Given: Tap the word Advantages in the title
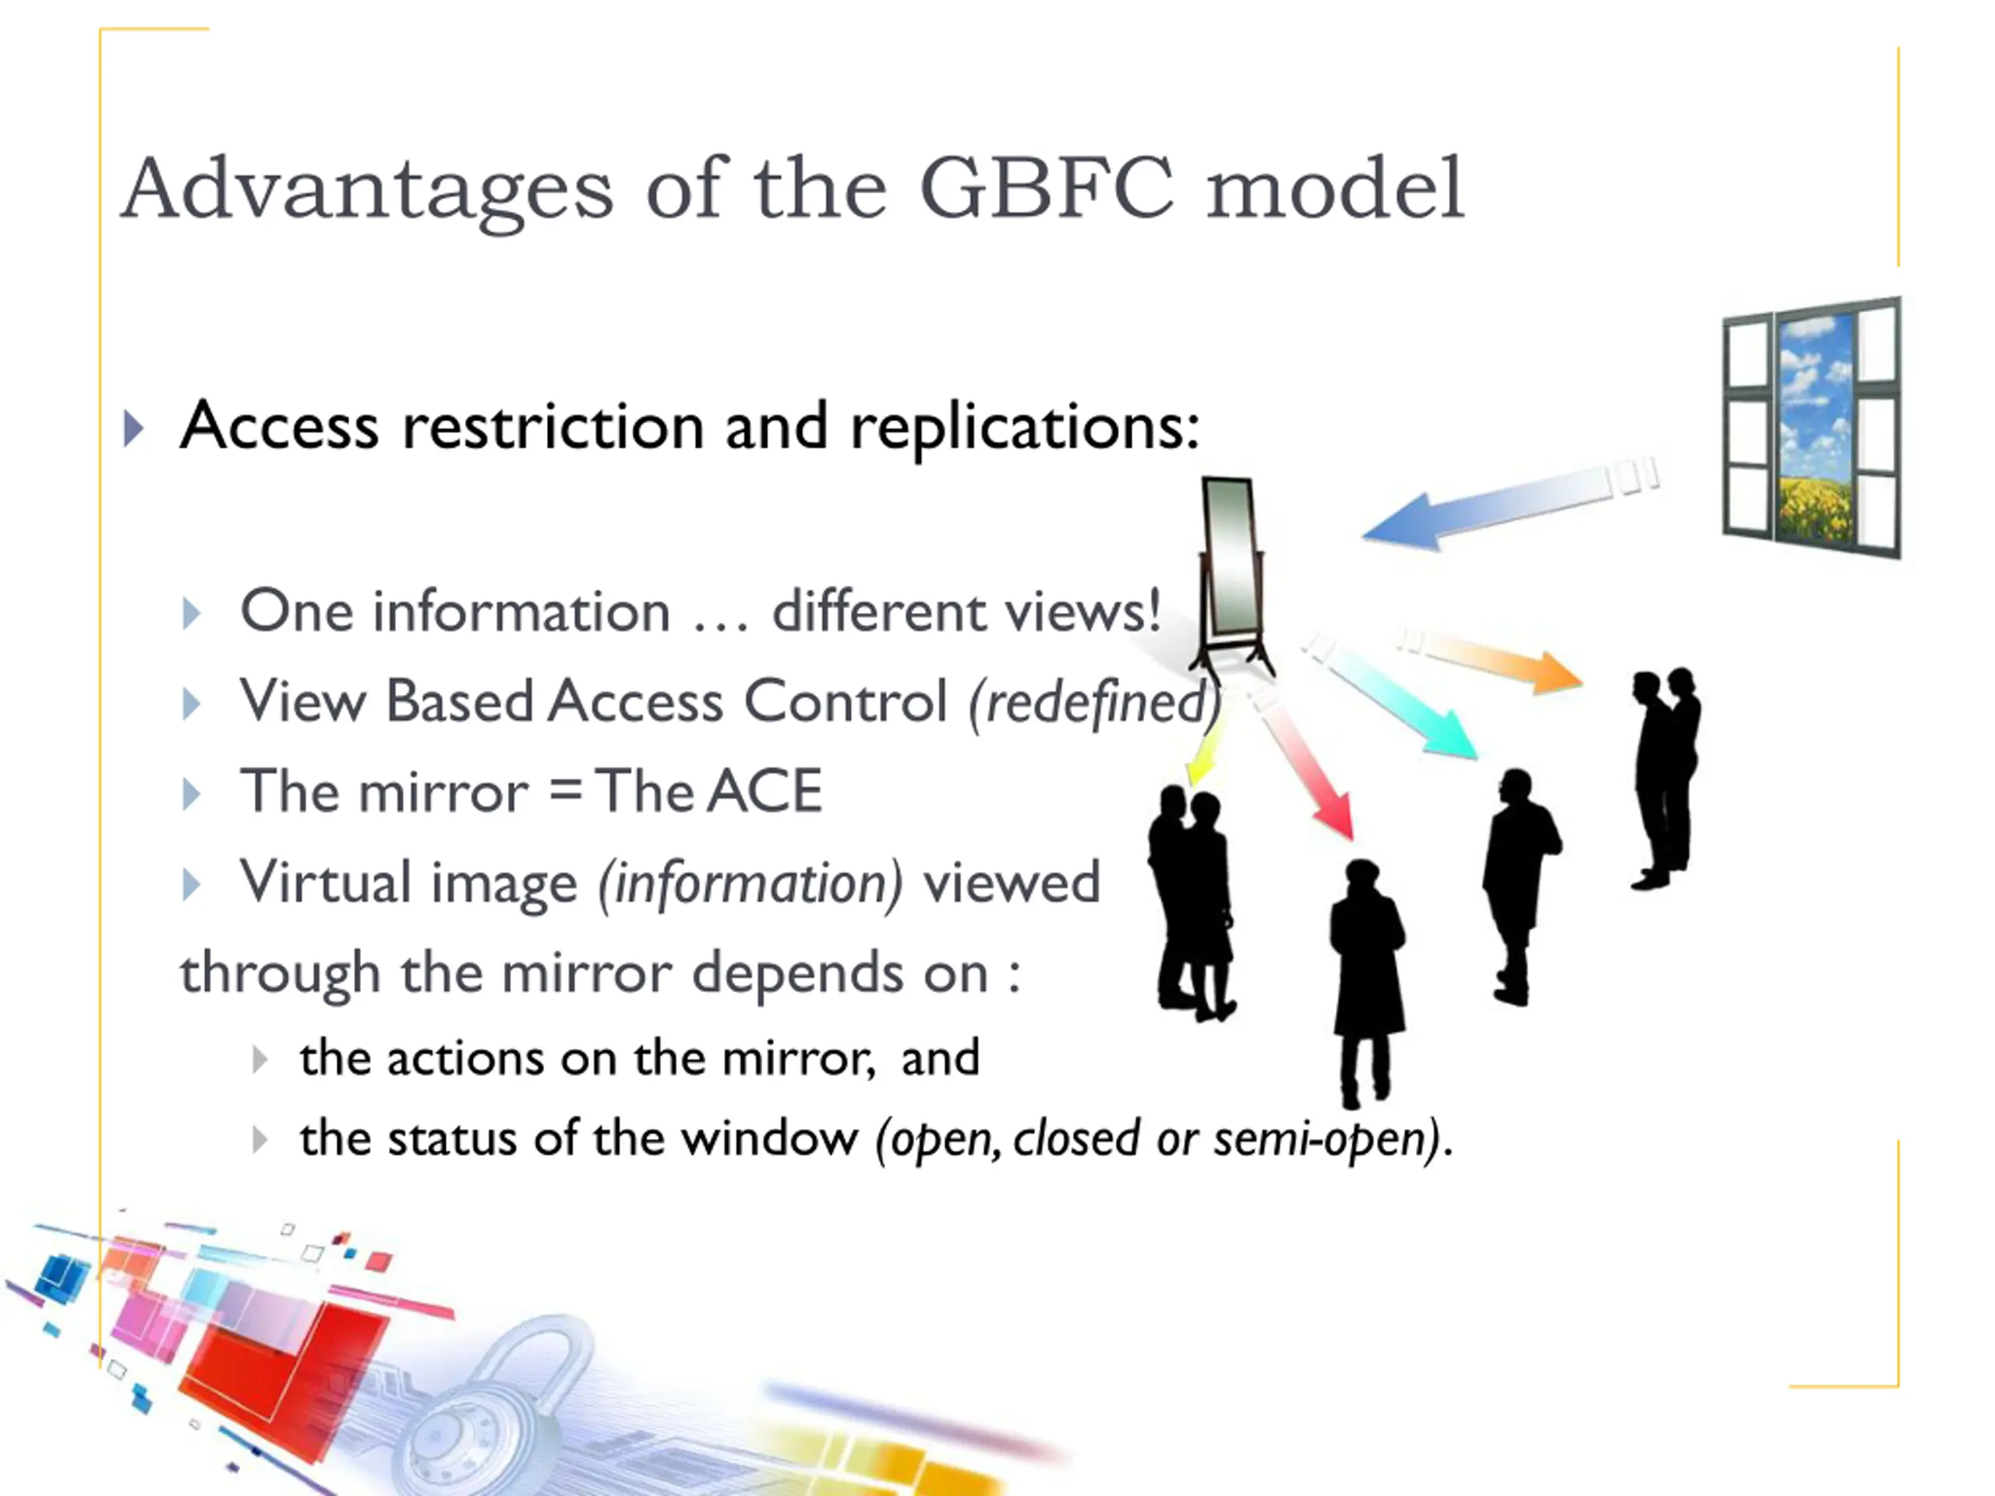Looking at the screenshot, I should click(x=367, y=189).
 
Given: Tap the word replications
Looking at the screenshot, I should click(x=1025, y=425).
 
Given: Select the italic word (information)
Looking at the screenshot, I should click(x=750, y=883).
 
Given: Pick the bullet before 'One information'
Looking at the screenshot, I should click(x=191, y=613).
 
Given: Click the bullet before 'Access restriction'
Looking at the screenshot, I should click(x=133, y=429).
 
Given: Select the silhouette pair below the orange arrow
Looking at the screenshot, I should click(x=1665, y=775).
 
